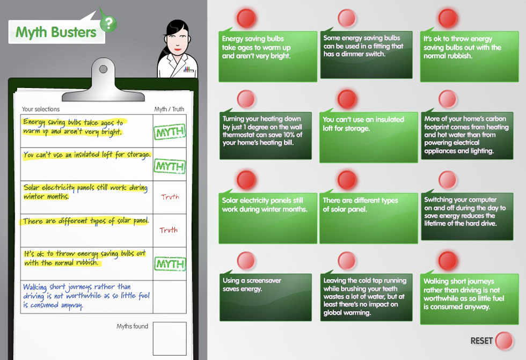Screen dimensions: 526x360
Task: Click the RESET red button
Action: [504, 341]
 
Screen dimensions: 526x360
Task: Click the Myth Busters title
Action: [56, 32]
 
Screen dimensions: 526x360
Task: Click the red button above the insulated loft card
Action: [347, 99]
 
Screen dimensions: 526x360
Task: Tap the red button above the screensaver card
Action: [246, 261]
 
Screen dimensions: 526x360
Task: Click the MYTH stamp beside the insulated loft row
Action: [170, 166]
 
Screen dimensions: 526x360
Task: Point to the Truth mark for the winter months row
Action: [170, 197]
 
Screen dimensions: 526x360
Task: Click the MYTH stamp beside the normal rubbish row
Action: [170, 264]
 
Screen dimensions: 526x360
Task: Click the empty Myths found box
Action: [170, 339]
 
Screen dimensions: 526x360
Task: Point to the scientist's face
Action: [177, 38]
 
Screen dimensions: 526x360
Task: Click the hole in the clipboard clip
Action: [103, 69]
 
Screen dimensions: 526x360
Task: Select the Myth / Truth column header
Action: [169, 109]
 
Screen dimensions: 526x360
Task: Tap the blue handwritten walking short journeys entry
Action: [86, 296]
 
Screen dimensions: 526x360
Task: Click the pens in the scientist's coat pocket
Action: [188, 69]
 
